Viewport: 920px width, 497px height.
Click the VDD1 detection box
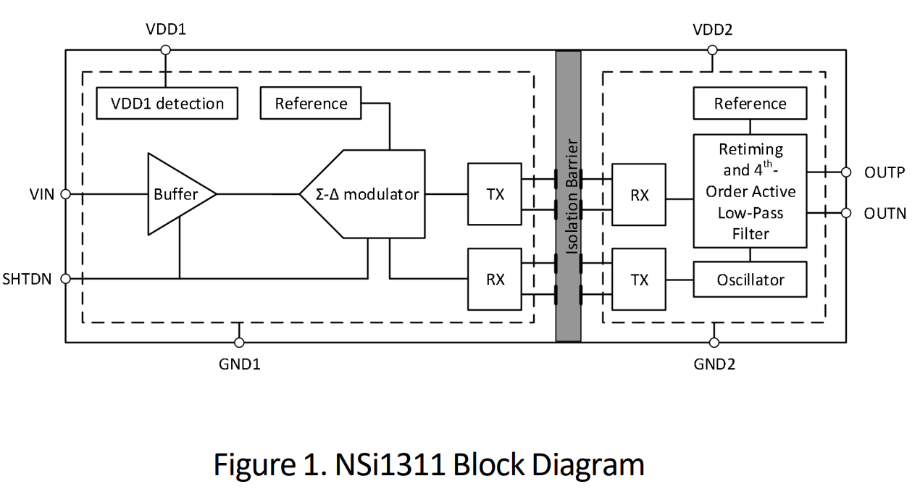pos(167,104)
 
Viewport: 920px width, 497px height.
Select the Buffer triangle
pos(177,194)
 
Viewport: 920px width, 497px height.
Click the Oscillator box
pos(750,280)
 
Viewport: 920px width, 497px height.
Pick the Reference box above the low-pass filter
pos(750,104)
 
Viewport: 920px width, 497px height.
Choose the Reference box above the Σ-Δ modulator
pos(311,104)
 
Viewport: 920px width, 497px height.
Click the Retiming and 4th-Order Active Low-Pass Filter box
pos(750,191)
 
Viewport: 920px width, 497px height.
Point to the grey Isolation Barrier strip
pos(568,196)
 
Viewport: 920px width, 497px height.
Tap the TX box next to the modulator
pos(495,194)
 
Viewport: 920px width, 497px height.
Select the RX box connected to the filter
pos(640,195)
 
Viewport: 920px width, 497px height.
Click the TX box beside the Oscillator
pos(640,280)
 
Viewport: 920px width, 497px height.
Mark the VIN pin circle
pos(65,194)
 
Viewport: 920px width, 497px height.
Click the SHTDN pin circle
pos(65,278)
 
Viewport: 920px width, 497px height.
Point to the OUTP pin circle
pos(845,172)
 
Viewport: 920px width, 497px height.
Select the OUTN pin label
pos(885,214)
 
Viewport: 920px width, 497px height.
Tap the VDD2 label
pos(713,30)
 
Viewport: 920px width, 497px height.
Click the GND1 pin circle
pos(239,342)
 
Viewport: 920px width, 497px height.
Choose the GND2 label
pos(714,364)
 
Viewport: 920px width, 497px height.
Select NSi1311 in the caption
pos(390,464)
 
